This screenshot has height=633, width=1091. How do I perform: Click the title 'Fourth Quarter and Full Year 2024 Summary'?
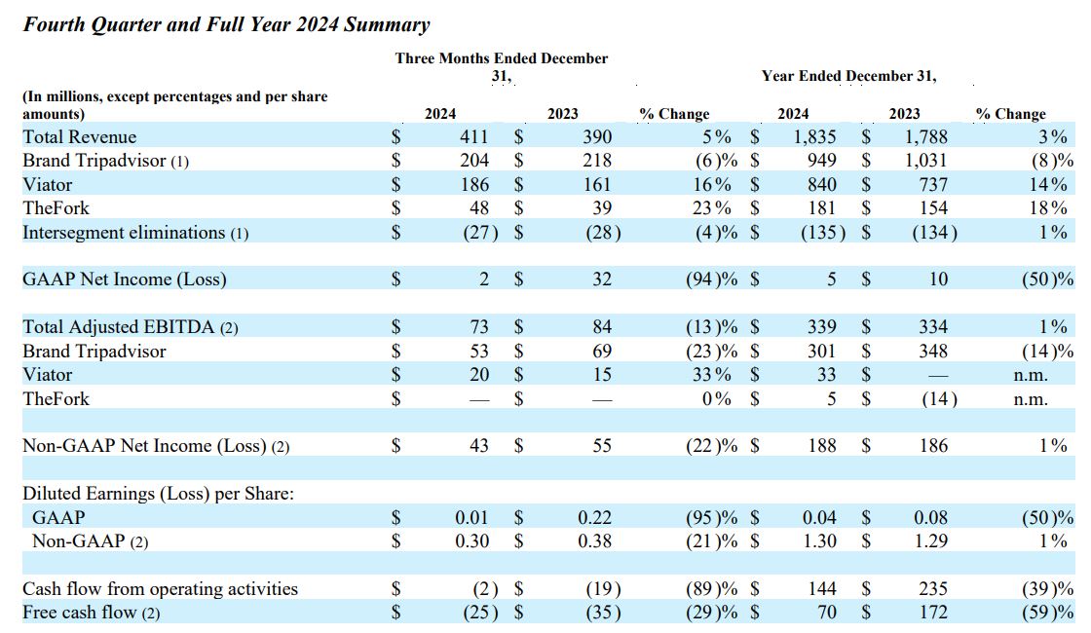pos(226,24)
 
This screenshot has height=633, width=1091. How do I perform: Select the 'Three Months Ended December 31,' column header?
pos(501,66)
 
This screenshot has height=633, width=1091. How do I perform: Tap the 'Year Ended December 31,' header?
pos(848,76)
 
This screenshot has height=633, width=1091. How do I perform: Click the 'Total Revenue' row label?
pos(80,136)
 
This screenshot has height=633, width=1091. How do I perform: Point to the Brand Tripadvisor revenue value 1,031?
pos(926,161)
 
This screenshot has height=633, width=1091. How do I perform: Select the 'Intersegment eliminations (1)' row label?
pos(135,232)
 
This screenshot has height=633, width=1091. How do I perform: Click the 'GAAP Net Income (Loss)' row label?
pos(124,279)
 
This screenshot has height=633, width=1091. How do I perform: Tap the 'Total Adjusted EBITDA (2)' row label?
pos(130,327)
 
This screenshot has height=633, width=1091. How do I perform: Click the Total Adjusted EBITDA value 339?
pos(823,327)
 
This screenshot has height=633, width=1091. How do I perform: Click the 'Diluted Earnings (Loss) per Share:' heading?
pos(158,494)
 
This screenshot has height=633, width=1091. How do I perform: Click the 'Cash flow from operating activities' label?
pos(160,589)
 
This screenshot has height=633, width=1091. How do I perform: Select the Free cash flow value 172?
pos(932,613)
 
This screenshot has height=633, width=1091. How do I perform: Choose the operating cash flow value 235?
pos(932,589)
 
